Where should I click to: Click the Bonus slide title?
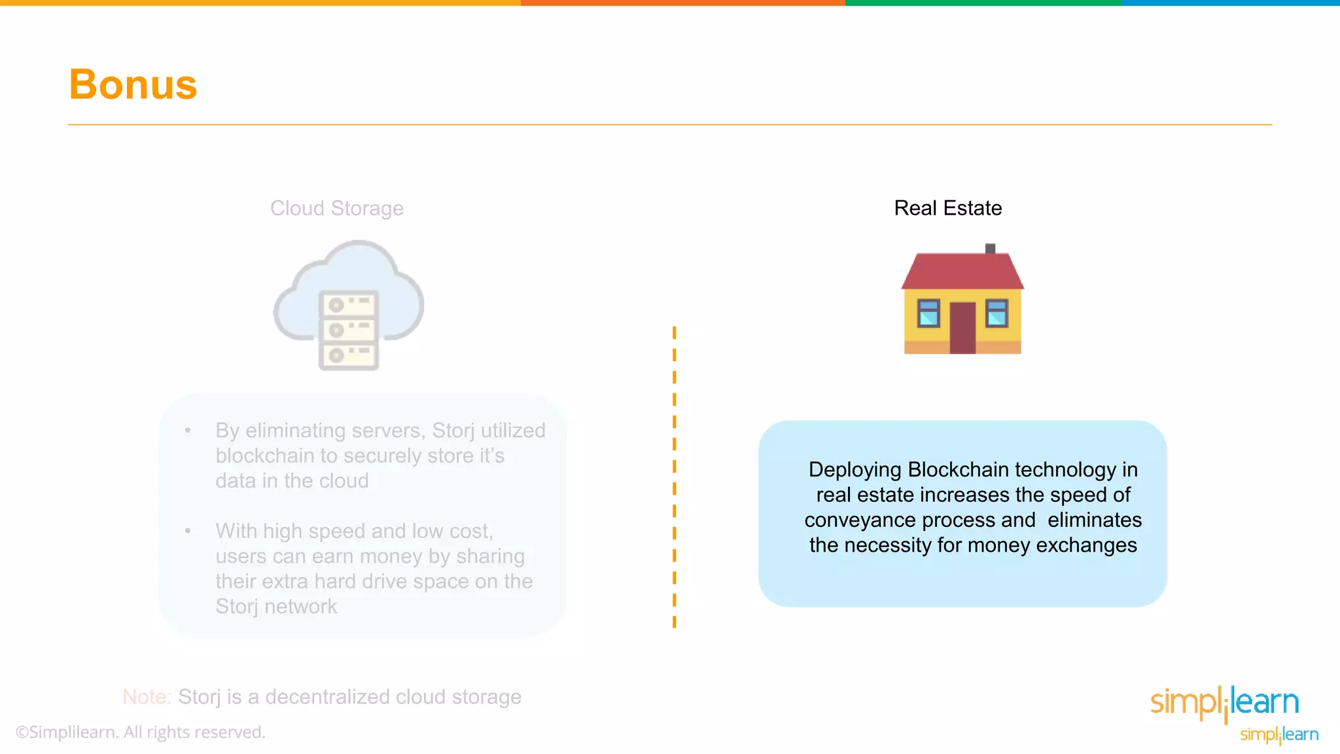(133, 84)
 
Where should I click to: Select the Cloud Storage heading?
(336, 208)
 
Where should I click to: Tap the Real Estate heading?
(947, 208)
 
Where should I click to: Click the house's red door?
(962, 327)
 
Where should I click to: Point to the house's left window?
(928, 313)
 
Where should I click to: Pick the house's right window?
(996, 313)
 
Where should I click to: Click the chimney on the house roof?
(990, 249)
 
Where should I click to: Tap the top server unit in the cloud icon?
(348, 305)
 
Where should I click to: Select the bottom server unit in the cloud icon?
(348, 355)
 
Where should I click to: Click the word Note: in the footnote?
(147, 696)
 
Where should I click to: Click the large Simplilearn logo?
(1224, 703)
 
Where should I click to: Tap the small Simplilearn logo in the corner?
(1278, 734)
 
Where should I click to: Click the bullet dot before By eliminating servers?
(188, 431)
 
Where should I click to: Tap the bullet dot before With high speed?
(188, 531)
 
